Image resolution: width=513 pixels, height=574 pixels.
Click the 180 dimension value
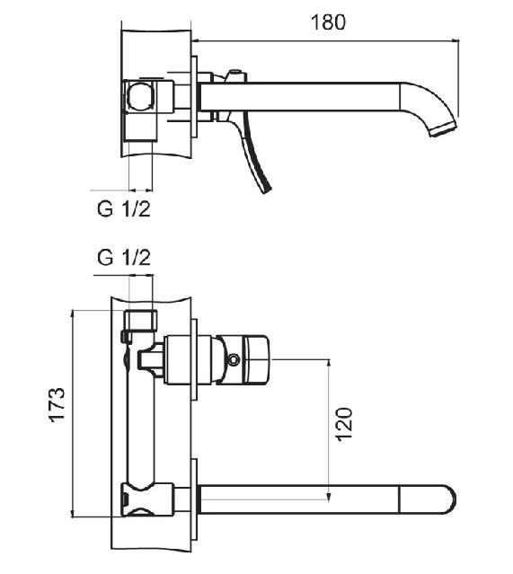tap(328, 22)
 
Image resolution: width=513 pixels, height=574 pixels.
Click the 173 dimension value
tap(57, 404)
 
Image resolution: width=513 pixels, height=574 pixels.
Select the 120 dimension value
tap(344, 424)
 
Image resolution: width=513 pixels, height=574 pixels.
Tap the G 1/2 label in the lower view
tap(124, 258)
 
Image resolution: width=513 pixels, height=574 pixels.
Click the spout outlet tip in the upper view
tap(443, 130)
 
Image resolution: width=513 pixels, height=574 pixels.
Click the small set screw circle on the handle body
tap(234, 360)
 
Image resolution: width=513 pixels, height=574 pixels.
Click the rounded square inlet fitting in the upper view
tap(139, 95)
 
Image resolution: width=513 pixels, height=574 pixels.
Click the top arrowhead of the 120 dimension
tap(329, 363)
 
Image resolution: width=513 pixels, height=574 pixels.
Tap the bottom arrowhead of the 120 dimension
tap(329, 496)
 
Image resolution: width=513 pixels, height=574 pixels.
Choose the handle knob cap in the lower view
tap(259, 360)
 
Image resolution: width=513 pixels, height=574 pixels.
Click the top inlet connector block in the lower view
tap(141, 320)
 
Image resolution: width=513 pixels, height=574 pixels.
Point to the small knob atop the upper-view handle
tap(235, 72)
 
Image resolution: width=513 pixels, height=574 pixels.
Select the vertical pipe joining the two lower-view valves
tap(140, 410)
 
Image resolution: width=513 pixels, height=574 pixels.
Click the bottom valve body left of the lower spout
tap(147, 500)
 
